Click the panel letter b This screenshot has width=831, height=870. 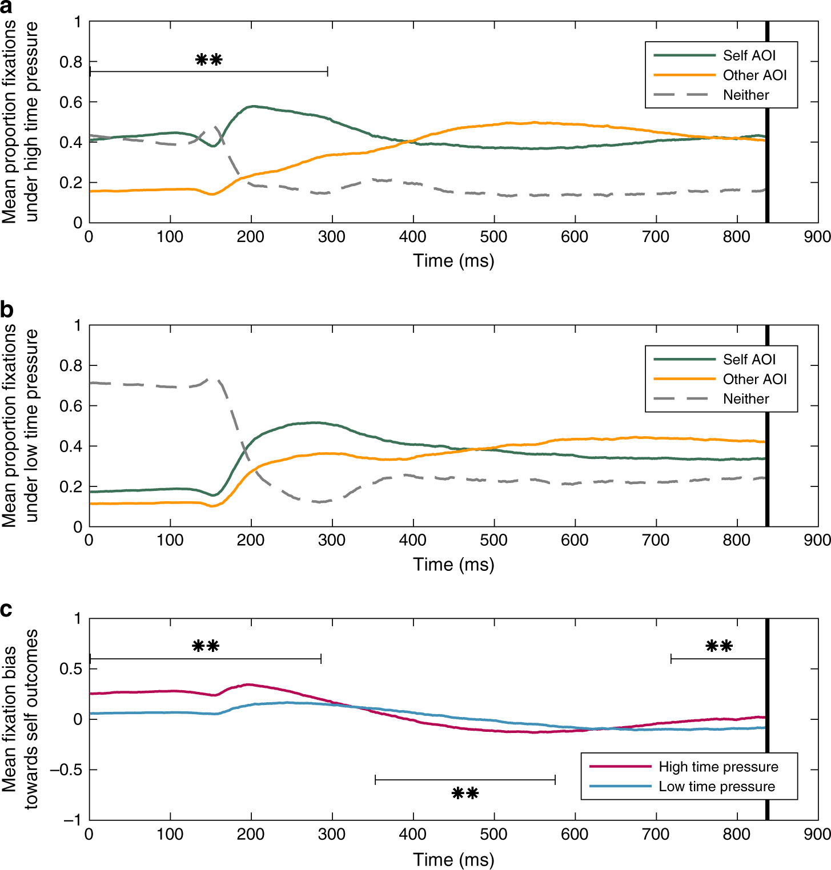[7, 310]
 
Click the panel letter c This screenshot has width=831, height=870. [6, 610]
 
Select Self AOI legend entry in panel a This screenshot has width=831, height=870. [749, 55]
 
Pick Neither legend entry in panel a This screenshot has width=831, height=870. [745, 95]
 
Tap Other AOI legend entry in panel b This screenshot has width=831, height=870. [754, 379]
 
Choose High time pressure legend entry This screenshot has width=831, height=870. [718, 767]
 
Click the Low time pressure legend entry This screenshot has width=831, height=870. [716, 787]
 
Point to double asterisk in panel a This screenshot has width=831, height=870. [208, 59]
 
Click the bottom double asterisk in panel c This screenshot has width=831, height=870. [465, 793]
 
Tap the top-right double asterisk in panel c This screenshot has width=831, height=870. [718, 646]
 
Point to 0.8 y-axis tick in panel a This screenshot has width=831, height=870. [71, 62]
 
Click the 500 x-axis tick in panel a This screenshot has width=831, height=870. [493, 237]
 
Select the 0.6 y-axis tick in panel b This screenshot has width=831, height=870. [71, 406]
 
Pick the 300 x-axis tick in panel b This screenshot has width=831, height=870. [332, 541]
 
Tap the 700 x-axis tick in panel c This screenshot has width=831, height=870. [656, 834]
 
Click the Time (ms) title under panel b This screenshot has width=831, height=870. [453, 565]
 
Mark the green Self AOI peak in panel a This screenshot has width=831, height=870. [252, 106]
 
